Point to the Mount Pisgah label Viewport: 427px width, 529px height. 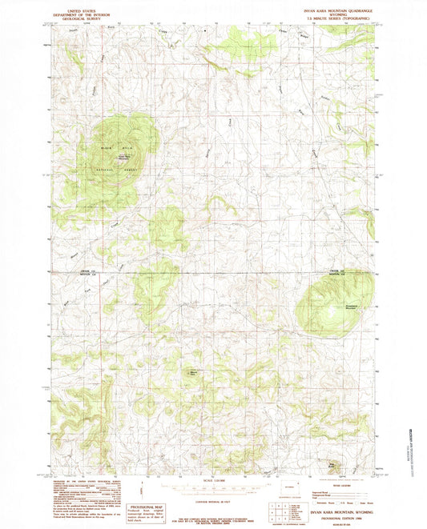point(193,371)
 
